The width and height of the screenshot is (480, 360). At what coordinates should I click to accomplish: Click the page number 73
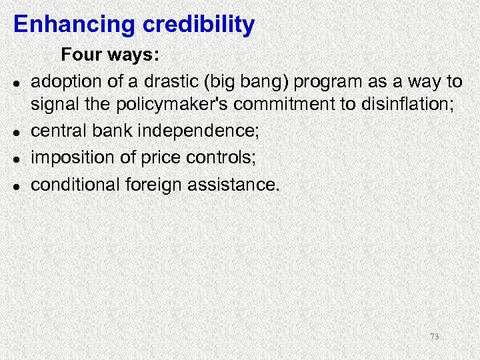[x=434, y=337]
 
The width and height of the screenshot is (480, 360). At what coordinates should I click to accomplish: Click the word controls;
[x=223, y=158]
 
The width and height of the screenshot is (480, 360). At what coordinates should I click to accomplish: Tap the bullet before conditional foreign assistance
[x=15, y=185]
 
